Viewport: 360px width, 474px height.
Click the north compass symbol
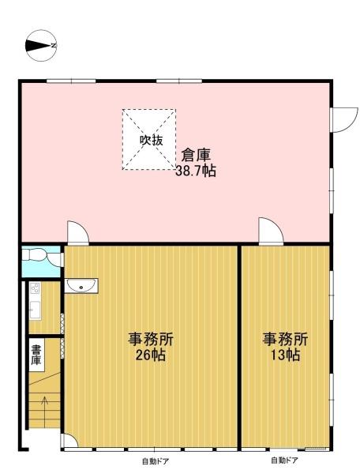[41, 46]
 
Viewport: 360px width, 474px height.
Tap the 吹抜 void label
[151, 140]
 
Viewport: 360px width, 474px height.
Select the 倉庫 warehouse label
[196, 156]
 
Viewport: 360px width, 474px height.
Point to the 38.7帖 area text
[196, 171]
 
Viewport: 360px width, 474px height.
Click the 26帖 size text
[151, 355]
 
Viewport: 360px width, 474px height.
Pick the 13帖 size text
[284, 355]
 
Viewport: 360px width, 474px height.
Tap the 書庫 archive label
[36, 355]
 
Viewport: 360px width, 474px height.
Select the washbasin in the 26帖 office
[81, 285]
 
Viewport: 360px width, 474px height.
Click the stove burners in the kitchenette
[35, 288]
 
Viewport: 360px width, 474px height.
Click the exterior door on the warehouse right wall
[345, 120]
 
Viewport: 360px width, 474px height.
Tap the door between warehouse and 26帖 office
[78, 233]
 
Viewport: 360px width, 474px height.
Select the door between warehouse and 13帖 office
[271, 231]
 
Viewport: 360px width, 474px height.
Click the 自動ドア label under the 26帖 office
[156, 461]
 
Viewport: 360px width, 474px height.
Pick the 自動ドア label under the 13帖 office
[284, 461]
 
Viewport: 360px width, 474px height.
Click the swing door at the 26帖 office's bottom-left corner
[69, 441]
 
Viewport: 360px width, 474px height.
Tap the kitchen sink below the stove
[35, 310]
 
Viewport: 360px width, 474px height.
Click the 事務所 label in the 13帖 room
[285, 339]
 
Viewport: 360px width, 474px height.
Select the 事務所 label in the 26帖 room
[151, 339]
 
